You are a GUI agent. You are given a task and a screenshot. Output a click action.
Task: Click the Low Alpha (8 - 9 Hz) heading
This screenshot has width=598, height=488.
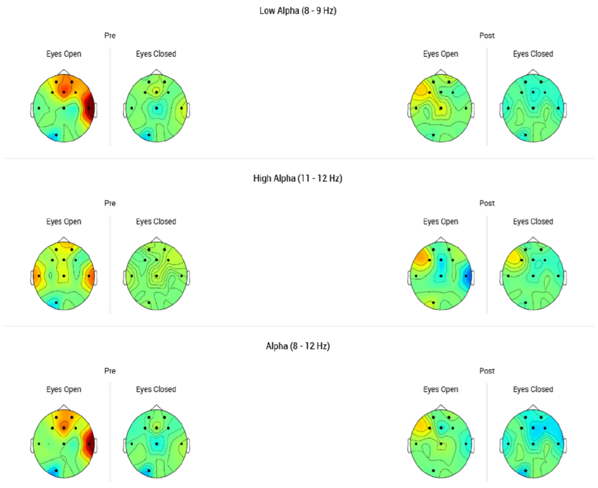click(x=298, y=11)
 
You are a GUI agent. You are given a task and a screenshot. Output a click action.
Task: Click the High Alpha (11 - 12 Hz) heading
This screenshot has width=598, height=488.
click(x=298, y=178)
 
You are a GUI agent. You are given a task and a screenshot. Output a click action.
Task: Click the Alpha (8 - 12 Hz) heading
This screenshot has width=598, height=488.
click(x=298, y=346)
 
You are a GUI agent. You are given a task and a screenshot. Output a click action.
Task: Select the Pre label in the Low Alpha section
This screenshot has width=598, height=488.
click(x=110, y=36)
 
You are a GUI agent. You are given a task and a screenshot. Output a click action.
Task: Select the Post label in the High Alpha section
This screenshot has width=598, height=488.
click(x=487, y=203)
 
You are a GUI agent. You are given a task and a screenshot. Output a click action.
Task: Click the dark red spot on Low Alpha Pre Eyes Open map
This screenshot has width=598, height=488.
click(x=90, y=108)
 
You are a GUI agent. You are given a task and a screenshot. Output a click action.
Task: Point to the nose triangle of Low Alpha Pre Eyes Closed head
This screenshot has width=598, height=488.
click(x=157, y=72)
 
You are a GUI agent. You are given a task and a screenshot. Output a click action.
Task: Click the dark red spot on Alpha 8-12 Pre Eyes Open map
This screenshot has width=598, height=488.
click(x=90, y=444)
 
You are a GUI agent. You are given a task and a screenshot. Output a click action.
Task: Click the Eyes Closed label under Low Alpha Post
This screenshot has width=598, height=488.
click(x=533, y=54)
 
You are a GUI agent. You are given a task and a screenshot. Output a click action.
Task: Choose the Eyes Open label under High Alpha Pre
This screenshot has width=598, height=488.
click(x=64, y=221)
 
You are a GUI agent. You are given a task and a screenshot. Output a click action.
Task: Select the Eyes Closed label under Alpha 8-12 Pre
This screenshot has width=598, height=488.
click(x=156, y=389)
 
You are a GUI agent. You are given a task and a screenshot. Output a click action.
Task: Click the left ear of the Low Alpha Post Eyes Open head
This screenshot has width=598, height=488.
click(x=409, y=110)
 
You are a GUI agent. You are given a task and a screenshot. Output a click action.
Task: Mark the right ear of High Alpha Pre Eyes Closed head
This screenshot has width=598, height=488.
click(x=188, y=278)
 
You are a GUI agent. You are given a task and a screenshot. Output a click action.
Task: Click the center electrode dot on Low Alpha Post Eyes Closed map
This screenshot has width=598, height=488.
click(x=533, y=108)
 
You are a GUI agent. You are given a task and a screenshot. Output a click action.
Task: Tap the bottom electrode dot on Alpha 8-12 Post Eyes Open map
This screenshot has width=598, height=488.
click(x=433, y=470)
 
